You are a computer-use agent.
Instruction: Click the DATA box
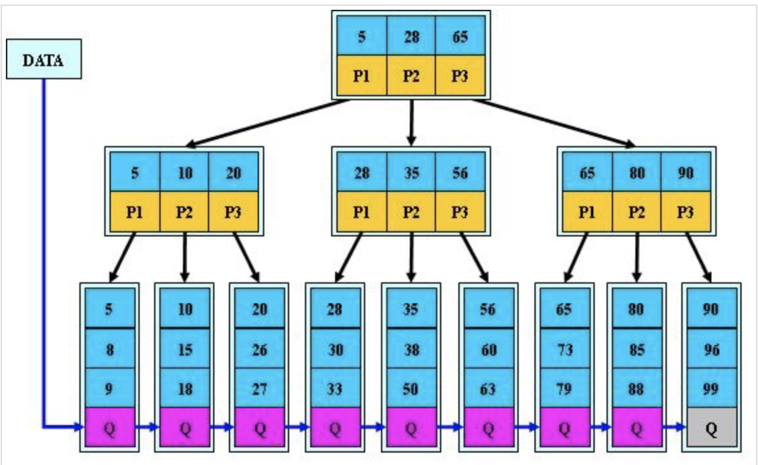pyautogui.click(x=43, y=60)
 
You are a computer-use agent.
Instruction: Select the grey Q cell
pyautogui.click(x=711, y=427)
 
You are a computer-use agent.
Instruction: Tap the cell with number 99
pyautogui.click(x=711, y=388)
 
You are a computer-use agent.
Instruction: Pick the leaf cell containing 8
pyautogui.click(x=110, y=348)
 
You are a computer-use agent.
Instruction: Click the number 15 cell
pyautogui.click(x=185, y=348)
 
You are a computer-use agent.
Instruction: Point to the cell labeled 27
pyautogui.click(x=260, y=388)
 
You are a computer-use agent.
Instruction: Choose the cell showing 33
pyautogui.click(x=335, y=388)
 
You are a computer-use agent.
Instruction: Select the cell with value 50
pyautogui.click(x=411, y=388)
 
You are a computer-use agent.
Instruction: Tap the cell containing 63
pyautogui.click(x=489, y=388)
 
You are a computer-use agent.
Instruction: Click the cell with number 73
pyautogui.click(x=564, y=348)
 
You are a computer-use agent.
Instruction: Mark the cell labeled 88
pyautogui.click(x=636, y=388)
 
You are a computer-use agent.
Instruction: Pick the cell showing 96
pyautogui.click(x=711, y=348)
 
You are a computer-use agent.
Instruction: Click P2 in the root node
pyautogui.click(x=411, y=75)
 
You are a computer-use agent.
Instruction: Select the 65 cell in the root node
pyautogui.click(x=460, y=36)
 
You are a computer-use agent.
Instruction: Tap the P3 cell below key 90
pyautogui.click(x=685, y=212)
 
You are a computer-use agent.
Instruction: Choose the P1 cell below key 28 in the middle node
pyautogui.click(x=361, y=212)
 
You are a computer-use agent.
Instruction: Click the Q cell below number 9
pyautogui.click(x=110, y=427)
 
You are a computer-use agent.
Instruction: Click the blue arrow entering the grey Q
pyautogui.click(x=674, y=427)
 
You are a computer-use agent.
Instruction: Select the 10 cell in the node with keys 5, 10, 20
pyautogui.click(x=184, y=172)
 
